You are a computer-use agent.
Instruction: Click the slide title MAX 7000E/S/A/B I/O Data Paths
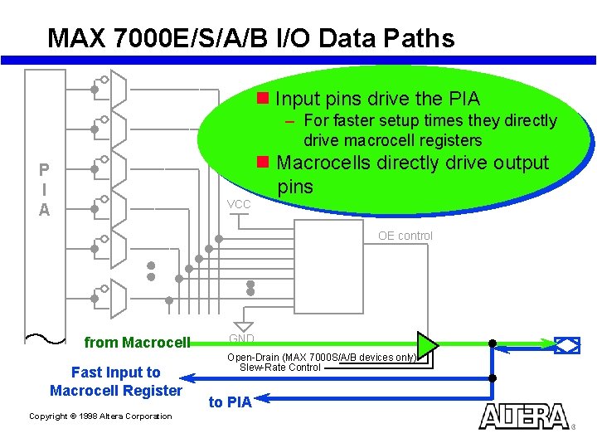pos(250,38)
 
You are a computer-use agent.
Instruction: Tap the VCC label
pos(238,204)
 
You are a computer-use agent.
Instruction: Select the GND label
pos(241,338)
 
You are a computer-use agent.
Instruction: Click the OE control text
pos(405,236)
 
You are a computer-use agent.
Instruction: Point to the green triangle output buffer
pos(426,343)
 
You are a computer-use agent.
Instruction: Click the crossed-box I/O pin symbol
pos(567,344)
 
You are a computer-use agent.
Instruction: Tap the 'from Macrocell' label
pos(138,343)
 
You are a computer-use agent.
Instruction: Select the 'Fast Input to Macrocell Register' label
pos(115,382)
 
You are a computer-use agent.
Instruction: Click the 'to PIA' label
pos(230,402)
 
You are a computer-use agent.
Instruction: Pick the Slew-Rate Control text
pos(280,368)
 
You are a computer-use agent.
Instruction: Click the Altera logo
pos(524,416)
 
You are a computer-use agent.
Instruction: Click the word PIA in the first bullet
pos(463,100)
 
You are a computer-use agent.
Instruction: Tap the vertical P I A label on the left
pos(44,189)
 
